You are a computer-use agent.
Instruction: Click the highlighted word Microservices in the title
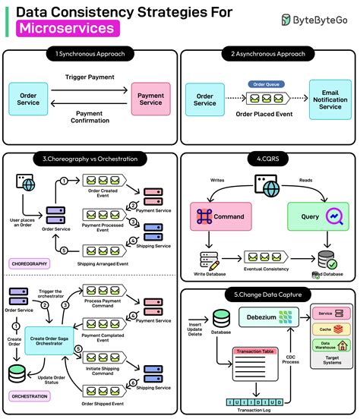(68, 28)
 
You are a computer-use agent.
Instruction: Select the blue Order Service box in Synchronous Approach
(28, 99)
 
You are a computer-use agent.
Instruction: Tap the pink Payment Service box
(150, 99)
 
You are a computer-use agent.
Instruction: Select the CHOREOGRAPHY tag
(30, 263)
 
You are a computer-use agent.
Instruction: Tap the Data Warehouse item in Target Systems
(330, 346)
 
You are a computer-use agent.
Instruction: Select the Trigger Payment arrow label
(90, 77)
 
